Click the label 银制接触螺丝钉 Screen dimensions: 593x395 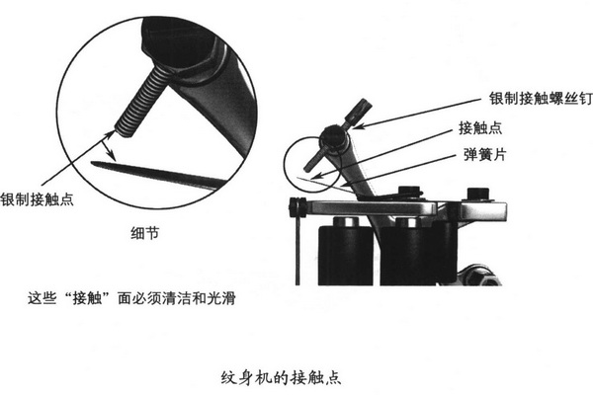[x=541, y=99]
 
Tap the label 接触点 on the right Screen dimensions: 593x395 [x=480, y=128]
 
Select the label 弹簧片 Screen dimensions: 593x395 [x=485, y=155]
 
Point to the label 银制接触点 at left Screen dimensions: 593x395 [x=37, y=199]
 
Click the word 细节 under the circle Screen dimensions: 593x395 [x=145, y=233]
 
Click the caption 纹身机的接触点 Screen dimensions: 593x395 [x=281, y=377]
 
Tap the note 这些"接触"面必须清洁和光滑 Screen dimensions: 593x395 [x=131, y=298]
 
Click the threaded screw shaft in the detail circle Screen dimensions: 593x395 [x=140, y=103]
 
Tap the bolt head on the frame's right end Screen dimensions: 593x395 [x=479, y=195]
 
